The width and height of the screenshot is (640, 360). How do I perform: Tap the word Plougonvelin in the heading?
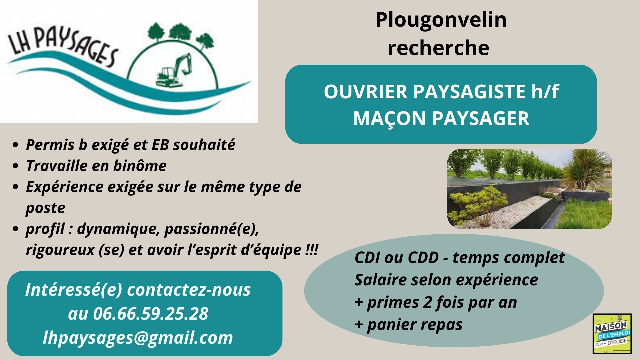pyautogui.click(x=441, y=20)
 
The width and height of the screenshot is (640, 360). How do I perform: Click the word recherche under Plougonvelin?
pyautogui.click(x=438, y=48)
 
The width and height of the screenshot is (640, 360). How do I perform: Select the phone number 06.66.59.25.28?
pyautogui.click(x=150, y=314)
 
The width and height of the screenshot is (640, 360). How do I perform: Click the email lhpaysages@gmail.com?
pyautogui.click(x=138, y=338)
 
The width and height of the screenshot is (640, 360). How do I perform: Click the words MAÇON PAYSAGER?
pyautogui.click(x=441, y=118)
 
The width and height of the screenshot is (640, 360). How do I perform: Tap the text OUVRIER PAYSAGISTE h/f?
pyautogui.click(x=441, y=92)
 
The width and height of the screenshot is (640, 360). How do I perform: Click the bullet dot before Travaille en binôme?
pyautogui.click(x=15, y=166)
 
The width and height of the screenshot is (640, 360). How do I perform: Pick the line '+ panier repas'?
pyautogui.click(x=409, y=324)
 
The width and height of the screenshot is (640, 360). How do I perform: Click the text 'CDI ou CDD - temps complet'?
pyautogui.click(x=460, y=258)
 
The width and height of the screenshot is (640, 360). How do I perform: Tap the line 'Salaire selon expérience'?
pyautogui.click(x=446, y=280)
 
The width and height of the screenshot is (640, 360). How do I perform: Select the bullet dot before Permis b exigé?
pyautogui.click(x=15, y=145)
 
